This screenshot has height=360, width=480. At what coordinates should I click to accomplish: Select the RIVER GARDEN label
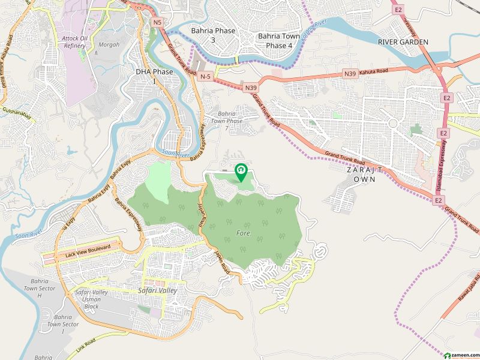coord(403,42)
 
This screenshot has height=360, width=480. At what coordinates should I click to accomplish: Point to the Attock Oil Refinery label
coord(74,42)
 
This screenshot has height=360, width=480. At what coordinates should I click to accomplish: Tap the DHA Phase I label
coord(154,76)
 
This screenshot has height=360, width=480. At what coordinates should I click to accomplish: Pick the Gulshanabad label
coord(16,111)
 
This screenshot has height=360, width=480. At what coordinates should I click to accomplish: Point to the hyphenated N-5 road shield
coord(206,76)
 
